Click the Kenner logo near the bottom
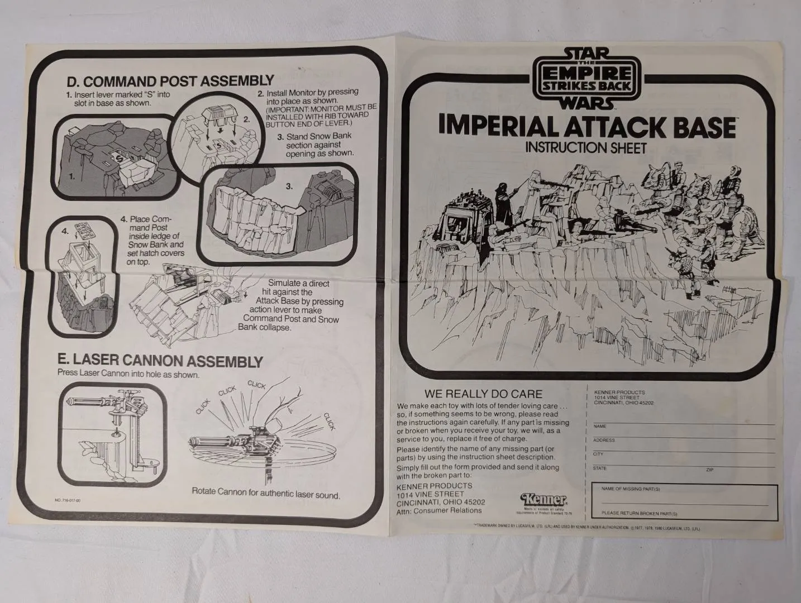click(x=543, y=499)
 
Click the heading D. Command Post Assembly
click(x=170, y=81)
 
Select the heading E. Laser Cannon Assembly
click(x=160, y=361)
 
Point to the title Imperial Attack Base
click(x=586, y=127)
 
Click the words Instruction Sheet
click(x=585, y=148)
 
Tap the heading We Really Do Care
click(x=483, y=394)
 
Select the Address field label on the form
click(x=604, y=441)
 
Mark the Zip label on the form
click(x=709, y=470)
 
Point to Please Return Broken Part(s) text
click(x=639, y=513)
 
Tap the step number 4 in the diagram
click(x=64, y=231)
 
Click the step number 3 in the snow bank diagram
click(x=289, y=186)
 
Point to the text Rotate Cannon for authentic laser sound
click(x=266, y=494)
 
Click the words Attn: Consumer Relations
click(x=439, y=510)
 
